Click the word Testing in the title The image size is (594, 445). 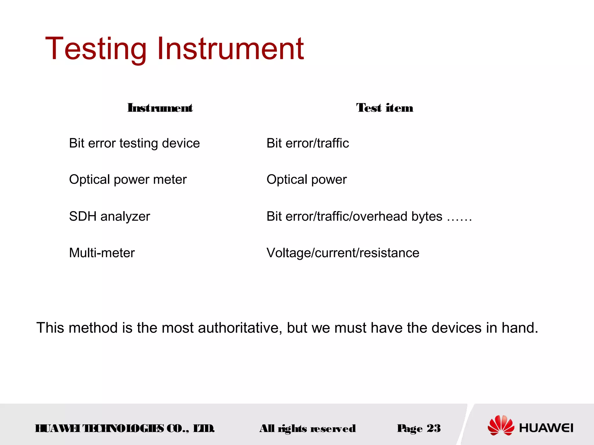(96, 49)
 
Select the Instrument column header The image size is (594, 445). (160, 108)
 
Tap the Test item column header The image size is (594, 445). (385, 108)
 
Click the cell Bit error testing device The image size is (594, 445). (134, 143)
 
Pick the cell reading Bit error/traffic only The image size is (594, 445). (307, 143)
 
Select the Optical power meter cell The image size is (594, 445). (128, 180)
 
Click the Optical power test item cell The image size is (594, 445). (307, 180)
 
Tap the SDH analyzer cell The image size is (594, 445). (109, 216)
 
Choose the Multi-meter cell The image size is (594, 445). (102, 253)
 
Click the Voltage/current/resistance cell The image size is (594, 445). (343, 253)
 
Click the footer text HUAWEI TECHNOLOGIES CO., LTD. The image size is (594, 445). (125, 428)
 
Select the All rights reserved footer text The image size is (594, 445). (307, 428)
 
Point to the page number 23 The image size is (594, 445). (434, 428)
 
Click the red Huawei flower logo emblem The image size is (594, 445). (501, 425)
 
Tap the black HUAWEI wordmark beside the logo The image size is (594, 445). (546, 428)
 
